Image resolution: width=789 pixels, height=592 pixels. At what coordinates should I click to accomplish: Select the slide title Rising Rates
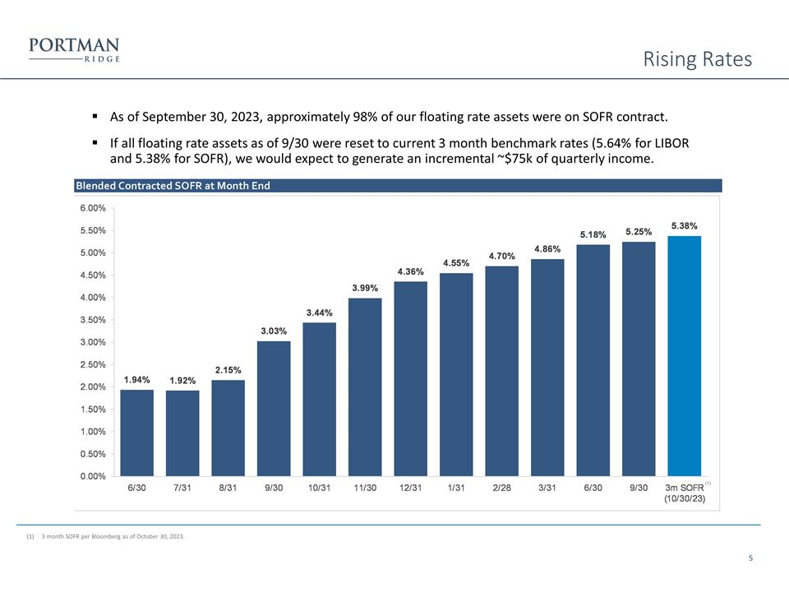[x=697, y=59]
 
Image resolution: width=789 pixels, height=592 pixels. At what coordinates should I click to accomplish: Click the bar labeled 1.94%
[x=136, y=432]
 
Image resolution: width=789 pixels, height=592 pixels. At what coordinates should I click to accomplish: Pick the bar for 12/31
[x=410, y=378]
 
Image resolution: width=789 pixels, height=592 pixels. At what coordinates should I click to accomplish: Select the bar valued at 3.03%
[x=274, y=408]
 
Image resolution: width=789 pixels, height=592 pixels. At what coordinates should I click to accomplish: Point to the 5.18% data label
[x=593, y=234]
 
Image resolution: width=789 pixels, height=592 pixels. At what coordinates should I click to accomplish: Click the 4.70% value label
[x=501, y=256]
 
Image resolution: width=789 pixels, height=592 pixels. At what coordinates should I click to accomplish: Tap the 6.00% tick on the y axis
[x=92, y=208]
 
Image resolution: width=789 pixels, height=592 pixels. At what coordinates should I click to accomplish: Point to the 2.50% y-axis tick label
[x=92, y=364]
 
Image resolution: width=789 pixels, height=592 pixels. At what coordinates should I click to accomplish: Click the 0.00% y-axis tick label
[x=92, y=475]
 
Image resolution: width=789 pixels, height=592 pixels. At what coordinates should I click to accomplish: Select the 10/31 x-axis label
[x=319, y=488]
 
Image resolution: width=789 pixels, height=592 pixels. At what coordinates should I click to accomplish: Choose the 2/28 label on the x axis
[x=501, y=488]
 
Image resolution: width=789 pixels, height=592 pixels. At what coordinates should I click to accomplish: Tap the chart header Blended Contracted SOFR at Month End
[x=173, y=186]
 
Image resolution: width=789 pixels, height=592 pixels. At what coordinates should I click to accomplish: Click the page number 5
[x=750, y=559]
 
